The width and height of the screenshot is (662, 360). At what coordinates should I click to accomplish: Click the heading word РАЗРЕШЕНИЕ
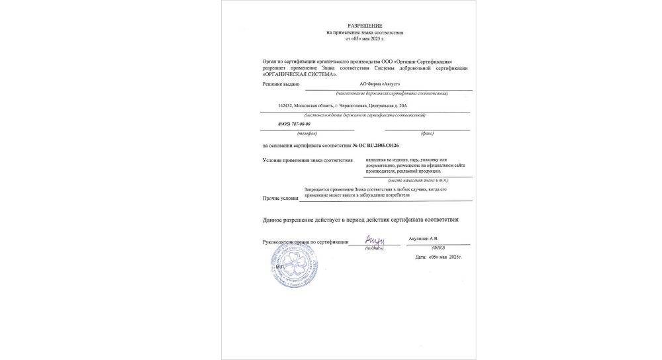pyautogui.click(x=365, y=25)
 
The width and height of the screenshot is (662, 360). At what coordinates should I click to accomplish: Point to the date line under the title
pyautogui.click(x=365, y=38)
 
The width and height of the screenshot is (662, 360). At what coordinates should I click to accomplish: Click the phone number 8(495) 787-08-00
pyautogui.click(x=294, y=124)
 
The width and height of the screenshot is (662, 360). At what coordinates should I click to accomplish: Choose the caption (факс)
pyautogui.click(x=427, y=132)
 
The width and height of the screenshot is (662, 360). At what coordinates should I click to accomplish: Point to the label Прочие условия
pyautogui.click(x=281, y=198)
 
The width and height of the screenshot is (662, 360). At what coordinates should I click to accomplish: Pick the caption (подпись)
pyautogui.click(x=374, y=248)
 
